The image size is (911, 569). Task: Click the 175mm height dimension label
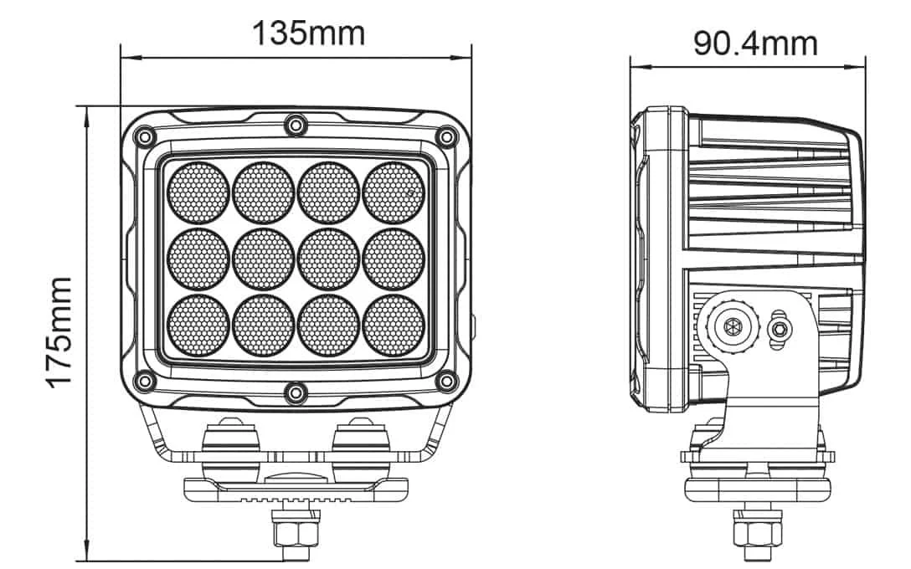coord(60,331)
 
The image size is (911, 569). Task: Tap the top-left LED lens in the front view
coord(198,192)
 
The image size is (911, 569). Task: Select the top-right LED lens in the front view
coord(394,192)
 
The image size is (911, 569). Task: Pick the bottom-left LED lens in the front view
coord(198,325)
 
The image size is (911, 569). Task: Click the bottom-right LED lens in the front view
coord(394,325)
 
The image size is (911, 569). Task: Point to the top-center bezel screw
coord(295,126)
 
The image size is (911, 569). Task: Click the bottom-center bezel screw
coord(295,392)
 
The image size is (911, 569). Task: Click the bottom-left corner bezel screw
coord(145,382)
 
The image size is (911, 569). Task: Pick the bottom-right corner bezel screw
coord(447,382)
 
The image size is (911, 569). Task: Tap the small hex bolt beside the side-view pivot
coord(780,327)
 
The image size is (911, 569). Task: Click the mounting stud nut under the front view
coord(295,532)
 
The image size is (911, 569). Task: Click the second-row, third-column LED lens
coord(329,258)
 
